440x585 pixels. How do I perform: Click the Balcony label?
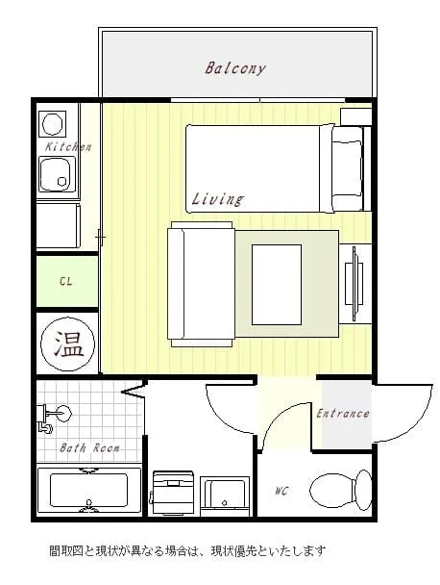[234, 68]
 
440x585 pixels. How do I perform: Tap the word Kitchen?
[68, 146]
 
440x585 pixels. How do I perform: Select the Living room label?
[217, 199]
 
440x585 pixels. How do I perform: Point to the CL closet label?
[66, 281]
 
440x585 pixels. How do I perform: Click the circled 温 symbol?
[67, 343]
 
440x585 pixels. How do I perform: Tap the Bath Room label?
[89, 447]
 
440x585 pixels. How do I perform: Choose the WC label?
[281, 491]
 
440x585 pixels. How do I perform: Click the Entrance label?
[343, 414]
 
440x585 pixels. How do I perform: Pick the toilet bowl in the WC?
[340, 491]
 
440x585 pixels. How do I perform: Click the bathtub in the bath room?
[89, 490]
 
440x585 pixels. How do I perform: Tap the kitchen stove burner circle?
[54, 123]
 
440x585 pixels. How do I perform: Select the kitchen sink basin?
[58, 174]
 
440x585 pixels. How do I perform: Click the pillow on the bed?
[347, 167]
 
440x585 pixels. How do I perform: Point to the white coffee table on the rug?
[277, 285]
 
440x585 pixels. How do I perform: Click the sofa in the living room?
[201, 284]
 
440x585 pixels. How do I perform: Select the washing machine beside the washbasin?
[173, 494]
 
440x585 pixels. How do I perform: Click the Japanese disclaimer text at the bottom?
[187, 550]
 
